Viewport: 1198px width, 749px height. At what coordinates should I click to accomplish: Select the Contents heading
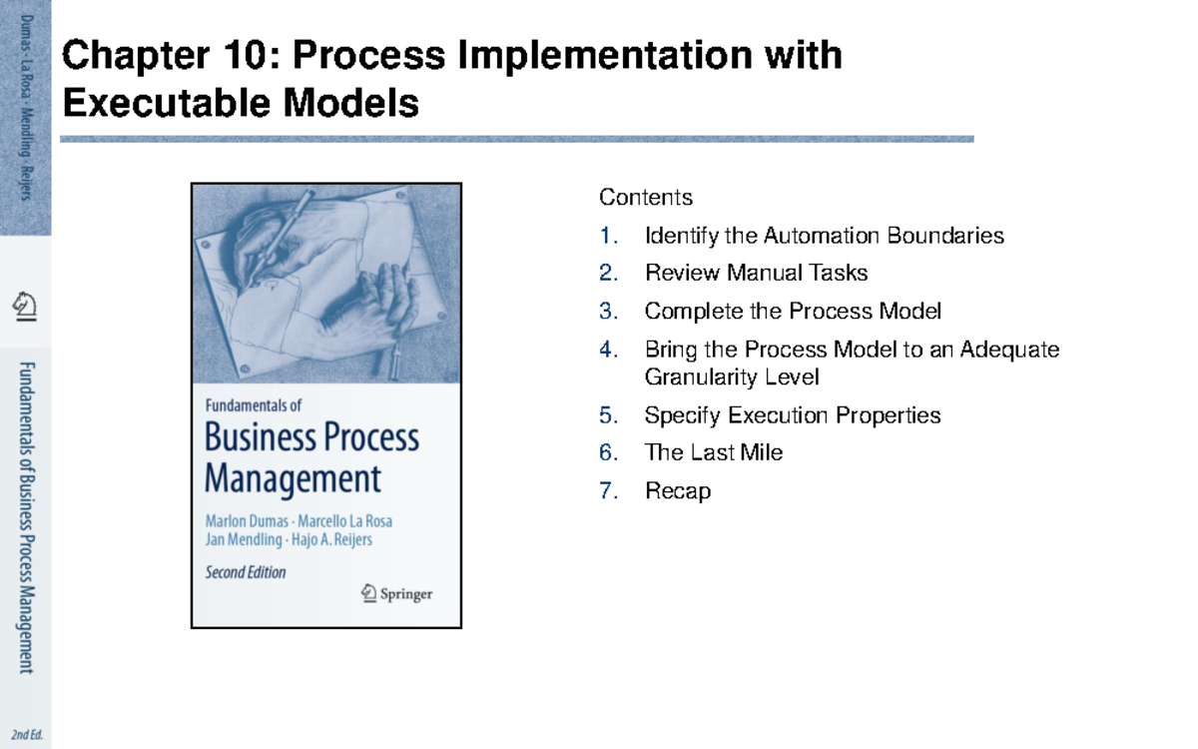point(645,198)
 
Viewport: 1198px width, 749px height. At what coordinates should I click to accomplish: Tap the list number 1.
point(608,237)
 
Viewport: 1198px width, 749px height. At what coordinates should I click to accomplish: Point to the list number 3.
point(608,312)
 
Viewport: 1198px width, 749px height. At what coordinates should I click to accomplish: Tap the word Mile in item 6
point(763,453)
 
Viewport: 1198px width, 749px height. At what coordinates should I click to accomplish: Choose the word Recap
point(678,491)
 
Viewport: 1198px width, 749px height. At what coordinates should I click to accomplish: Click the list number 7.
point(608,491)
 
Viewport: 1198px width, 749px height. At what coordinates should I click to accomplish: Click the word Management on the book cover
point(293,478)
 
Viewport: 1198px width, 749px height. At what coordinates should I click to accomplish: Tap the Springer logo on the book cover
point(396,593)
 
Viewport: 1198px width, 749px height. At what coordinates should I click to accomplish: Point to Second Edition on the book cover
point(246,573)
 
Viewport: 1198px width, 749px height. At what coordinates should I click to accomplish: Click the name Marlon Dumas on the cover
point(246,521)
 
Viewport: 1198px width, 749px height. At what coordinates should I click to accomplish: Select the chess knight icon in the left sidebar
point(26,305)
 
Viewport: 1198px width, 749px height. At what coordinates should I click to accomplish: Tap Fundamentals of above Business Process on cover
point(253,406)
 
